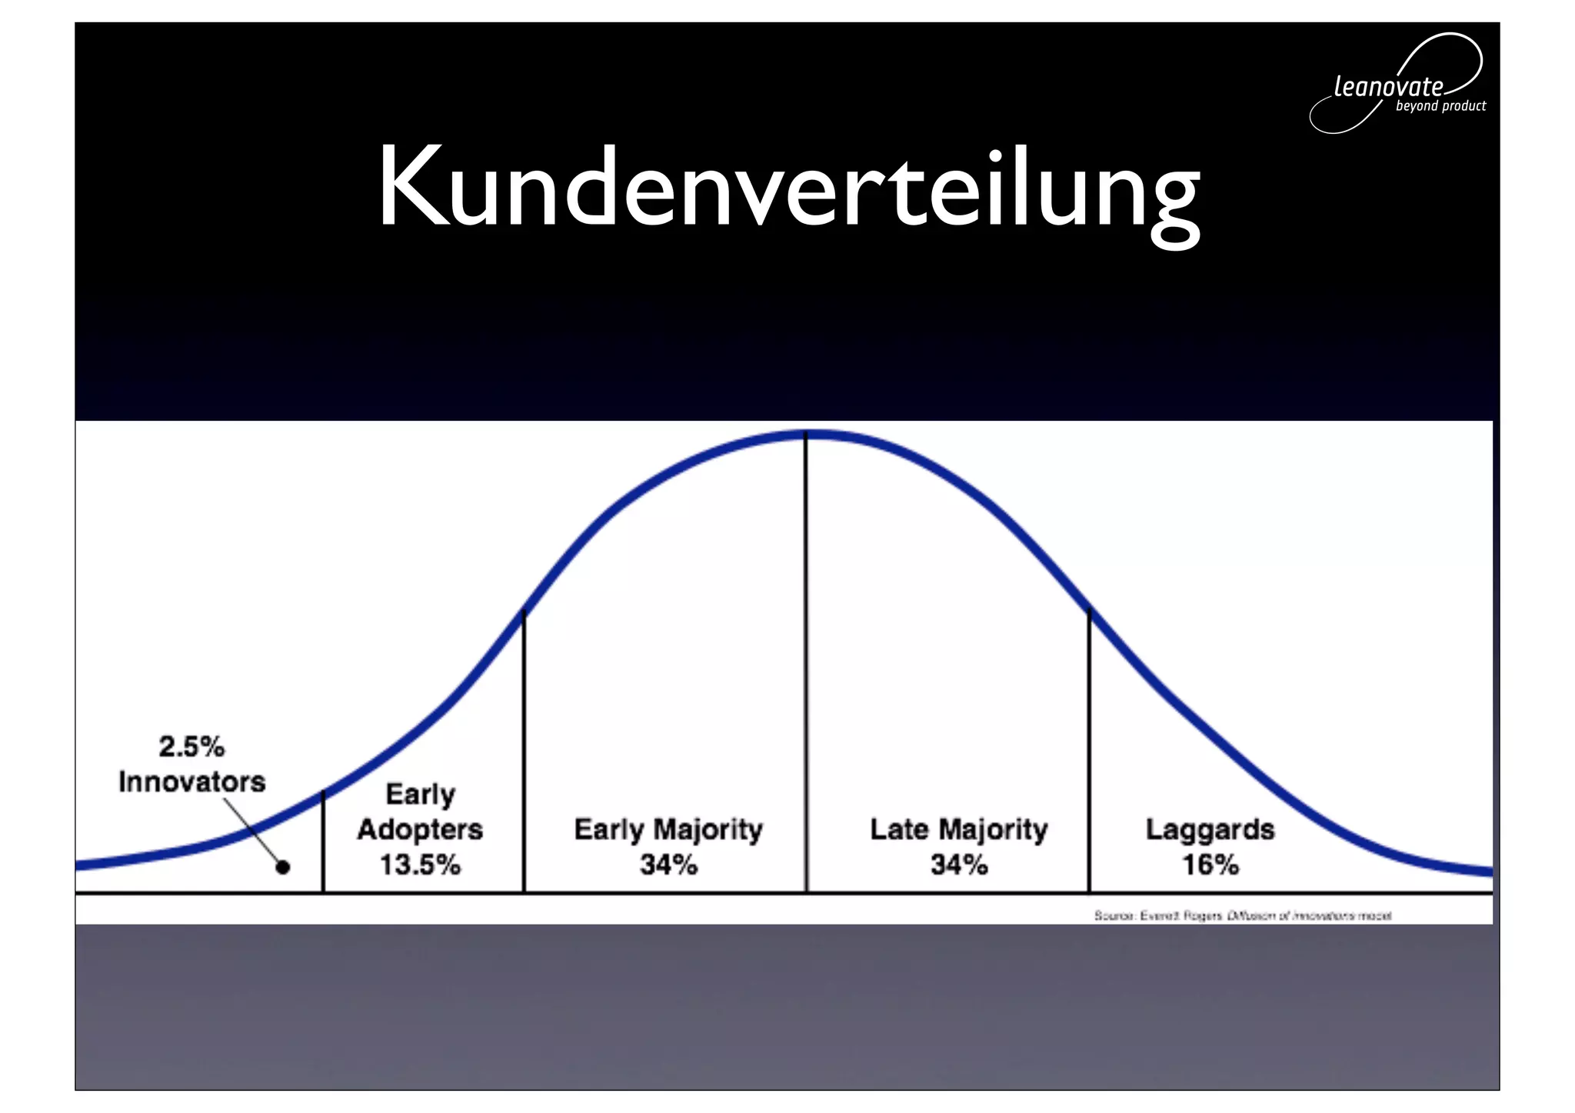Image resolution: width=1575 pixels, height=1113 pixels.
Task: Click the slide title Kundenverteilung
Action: (x=787, y=188)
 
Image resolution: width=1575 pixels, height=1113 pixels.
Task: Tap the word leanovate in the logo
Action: (x=1388, y=86)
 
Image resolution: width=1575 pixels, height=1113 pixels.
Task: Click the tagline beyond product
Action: (x=1440, y=106)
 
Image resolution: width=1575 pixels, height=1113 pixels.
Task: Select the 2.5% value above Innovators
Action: (x=191, y=746)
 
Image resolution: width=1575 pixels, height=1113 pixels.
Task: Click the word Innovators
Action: (x=191, y=781)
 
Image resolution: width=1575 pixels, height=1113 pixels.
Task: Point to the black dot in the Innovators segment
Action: (x=283, y=867)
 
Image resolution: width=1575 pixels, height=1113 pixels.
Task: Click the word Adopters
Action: (x=420, y=829)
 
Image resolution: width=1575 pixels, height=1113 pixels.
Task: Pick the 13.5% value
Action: (x=420, y=865)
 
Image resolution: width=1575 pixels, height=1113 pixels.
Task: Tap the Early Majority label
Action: (x=668, y=829)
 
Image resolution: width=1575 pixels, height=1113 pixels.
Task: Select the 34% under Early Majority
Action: (x=668, y=865)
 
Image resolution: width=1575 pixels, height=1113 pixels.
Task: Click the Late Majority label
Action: (x=959, y=829)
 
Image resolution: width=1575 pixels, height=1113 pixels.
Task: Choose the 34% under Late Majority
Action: (x=959, y=865)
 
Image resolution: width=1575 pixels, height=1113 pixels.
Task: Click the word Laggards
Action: (x=1210, y=829)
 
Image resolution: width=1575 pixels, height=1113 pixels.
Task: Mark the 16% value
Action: (x=1210, y=865)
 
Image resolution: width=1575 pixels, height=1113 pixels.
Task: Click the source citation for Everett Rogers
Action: (x=1243, y=915)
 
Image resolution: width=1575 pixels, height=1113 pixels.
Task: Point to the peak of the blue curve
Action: (x=806, y=435)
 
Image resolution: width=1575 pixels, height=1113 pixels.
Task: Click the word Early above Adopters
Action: (x=420, y=794)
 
